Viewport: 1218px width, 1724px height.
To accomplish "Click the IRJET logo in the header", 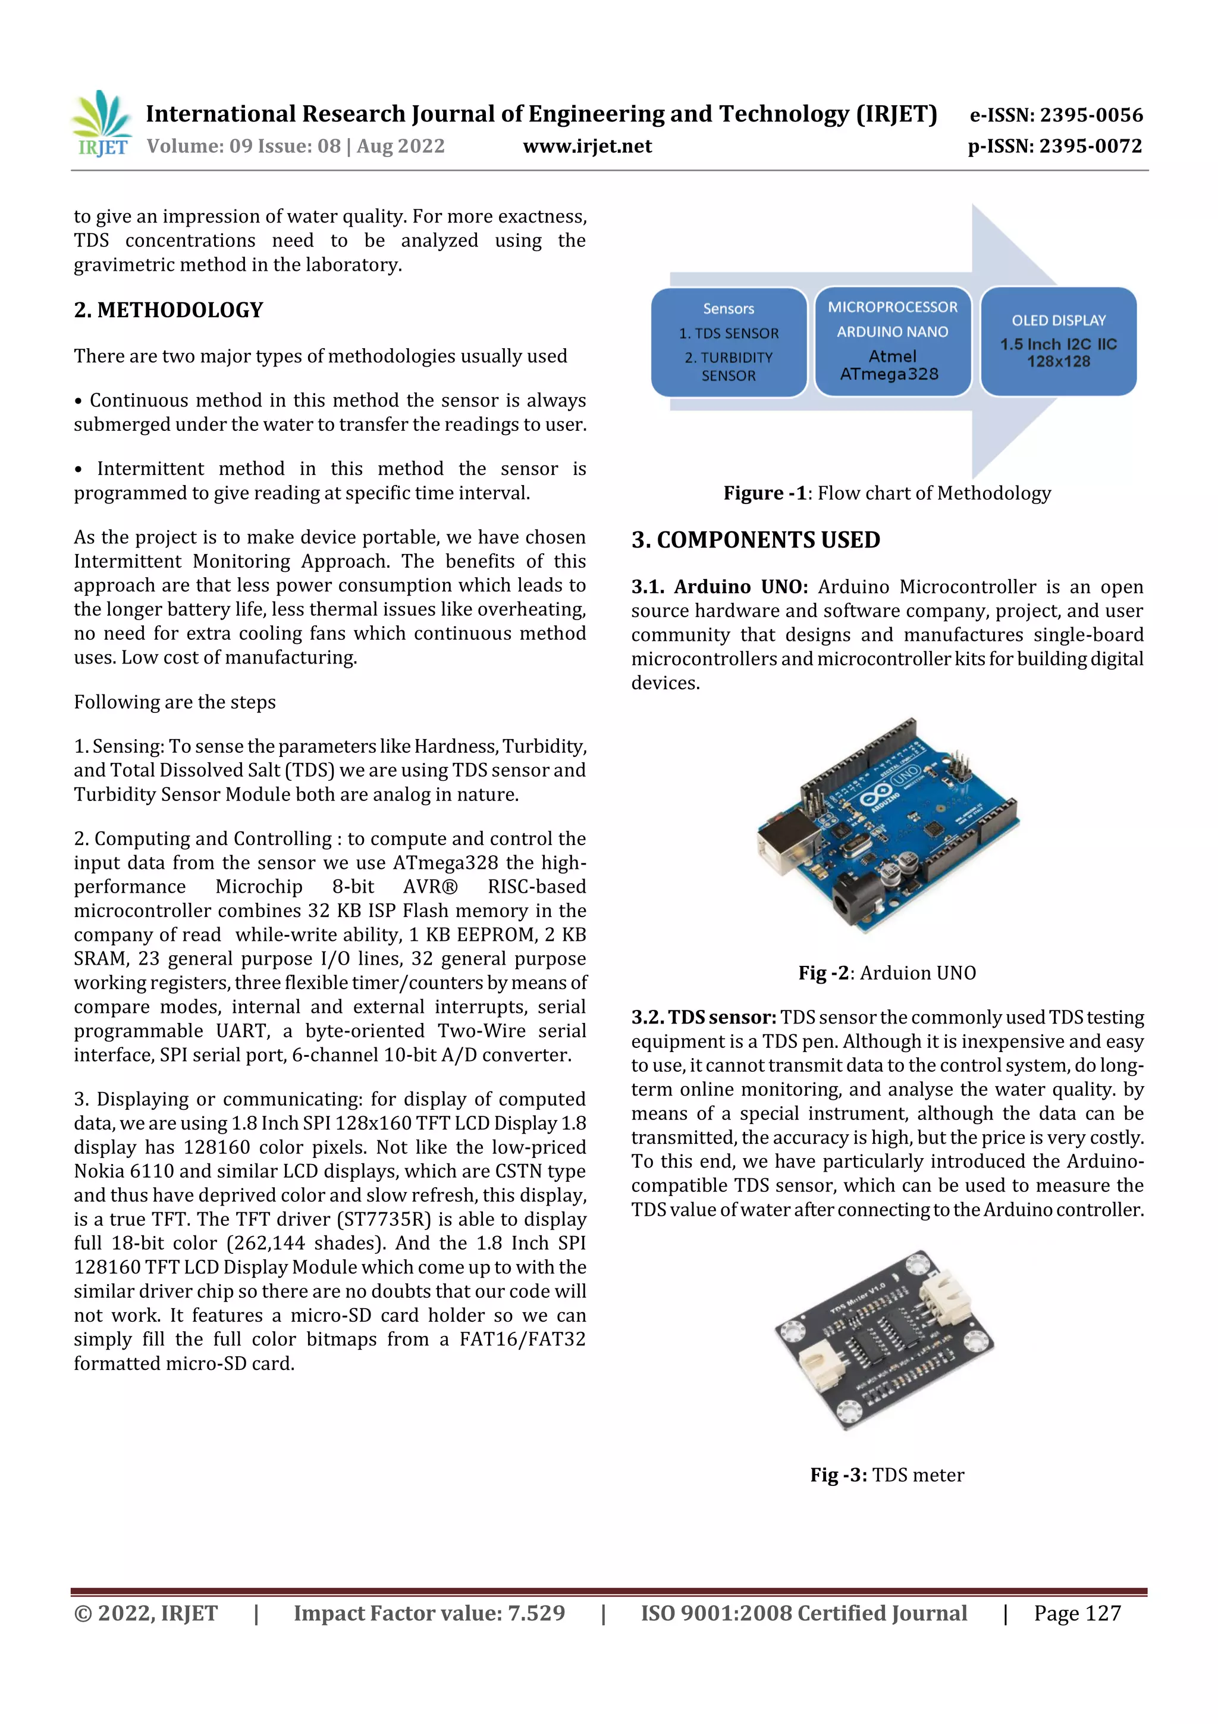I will pyautogui.click(x=101, y=124).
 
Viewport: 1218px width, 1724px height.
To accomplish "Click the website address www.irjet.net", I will pyautogui.click(x=587, y=146).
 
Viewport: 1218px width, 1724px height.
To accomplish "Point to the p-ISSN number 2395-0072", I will pyautogui.click(x=1090, y=146).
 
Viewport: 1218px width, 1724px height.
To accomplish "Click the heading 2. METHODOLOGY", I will pyautogui.click(x=169, y=310).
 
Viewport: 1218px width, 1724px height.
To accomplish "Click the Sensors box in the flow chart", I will pyautogui.click(x=729, y=342).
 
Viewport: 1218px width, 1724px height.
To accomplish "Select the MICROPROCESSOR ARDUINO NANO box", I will pyautogui.click(x=892, y=341).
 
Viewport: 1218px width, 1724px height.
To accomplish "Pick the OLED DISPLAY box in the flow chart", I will pyautogui.click(x=1058, y=341).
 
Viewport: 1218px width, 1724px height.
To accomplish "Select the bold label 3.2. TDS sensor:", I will pyautogui.click(x=703, y=1018).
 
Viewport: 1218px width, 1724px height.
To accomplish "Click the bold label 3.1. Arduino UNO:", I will pyautogui.click(x=719, y=587).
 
